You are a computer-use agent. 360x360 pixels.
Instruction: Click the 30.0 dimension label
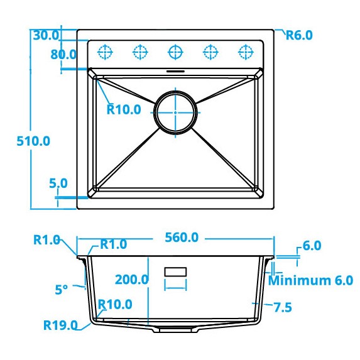pos(45,35)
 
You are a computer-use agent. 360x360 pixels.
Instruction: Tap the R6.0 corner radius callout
pos(299,35)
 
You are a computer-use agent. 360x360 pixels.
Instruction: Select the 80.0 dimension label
pos(63,54)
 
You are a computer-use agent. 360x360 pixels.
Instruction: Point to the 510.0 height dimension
pos(33,141)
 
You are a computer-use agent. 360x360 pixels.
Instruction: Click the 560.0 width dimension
pos(182,237)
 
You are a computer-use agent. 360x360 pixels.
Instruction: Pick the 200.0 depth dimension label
pos(131,280)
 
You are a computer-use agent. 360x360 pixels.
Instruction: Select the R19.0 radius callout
pos(60,325)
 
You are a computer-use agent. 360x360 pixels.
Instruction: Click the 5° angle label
pos(61,290)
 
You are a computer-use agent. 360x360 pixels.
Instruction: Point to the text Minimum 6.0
pos(310,280)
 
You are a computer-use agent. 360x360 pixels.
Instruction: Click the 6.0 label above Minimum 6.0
pos(312,246)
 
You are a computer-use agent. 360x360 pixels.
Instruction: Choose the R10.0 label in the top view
pos(123,109)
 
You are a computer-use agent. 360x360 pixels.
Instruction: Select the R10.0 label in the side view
pos(115,305)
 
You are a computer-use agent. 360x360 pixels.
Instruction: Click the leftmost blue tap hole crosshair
pos(106,51)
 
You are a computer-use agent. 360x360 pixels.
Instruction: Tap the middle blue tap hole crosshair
pos(175,51)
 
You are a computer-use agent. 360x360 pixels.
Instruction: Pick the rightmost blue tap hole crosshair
pos(244,51)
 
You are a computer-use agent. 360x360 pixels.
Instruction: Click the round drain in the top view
pos(176,112)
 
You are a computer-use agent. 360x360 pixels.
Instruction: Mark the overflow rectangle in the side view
pos(175,272)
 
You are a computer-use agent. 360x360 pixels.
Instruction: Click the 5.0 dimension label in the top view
pos(58,183)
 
